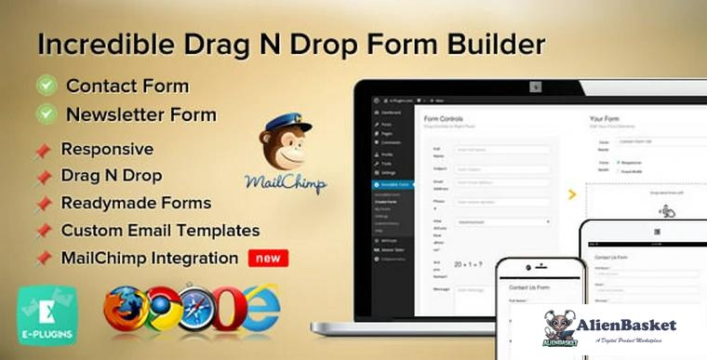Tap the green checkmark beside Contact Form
coord(47,87)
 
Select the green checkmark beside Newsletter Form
coord(47,114)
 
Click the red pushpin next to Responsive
coord(43,150)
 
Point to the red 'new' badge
coord(267,258)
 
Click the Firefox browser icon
coord(125,309)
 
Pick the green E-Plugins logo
coord(47,314)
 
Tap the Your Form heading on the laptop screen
coord(608,119)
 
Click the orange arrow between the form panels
coord(571,194)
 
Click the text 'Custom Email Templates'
coord(160,230)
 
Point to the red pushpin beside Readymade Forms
coord(43,203)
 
